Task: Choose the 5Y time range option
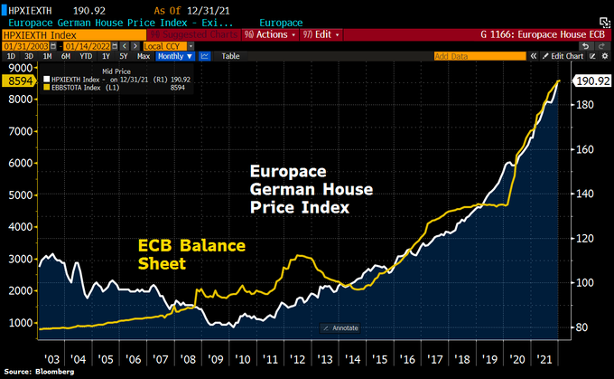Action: (x=123, y=56)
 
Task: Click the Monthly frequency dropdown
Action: (x=172, y=56)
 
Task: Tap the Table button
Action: (x=230, y=56)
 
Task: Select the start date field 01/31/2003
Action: (x=25, y=44)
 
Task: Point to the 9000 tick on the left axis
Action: (x=16, y=68)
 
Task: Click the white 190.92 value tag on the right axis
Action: (x=591, y=81)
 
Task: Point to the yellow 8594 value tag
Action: (x=18, y=81)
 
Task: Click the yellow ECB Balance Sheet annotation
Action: (x=191, y=254)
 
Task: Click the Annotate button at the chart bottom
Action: (x=341, y=327)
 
